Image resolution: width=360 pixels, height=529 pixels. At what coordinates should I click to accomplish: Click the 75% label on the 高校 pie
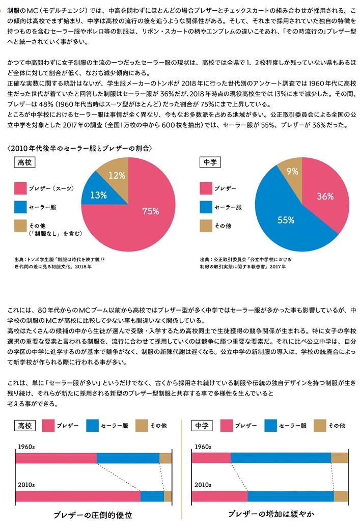point(151,211)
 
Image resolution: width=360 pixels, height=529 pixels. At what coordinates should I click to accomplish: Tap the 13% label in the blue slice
point(98,194)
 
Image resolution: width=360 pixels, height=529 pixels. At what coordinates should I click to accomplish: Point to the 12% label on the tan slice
point(117,175)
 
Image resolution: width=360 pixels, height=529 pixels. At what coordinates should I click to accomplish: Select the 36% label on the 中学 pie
point(324,196)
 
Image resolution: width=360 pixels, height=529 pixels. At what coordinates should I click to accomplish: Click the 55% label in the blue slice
point(286,220)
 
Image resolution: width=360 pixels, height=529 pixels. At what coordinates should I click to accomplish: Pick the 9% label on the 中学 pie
point(292,172)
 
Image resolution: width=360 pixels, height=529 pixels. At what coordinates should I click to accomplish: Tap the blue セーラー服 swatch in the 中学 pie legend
point(206,207)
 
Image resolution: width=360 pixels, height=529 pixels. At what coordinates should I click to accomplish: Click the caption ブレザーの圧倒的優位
point(93,515)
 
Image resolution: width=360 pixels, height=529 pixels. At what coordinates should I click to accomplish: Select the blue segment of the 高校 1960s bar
point(128,458)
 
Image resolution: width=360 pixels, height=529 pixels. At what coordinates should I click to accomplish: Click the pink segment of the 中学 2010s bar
point(219,496)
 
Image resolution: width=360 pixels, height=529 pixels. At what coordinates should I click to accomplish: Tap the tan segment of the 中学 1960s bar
point(339,458)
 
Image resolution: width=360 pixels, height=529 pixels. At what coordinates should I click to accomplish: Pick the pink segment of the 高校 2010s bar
point(77,496)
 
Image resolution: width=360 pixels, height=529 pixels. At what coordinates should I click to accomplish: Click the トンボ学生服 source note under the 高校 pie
point(60,262)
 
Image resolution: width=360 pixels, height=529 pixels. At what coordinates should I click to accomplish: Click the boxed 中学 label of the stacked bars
point(202,425)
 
